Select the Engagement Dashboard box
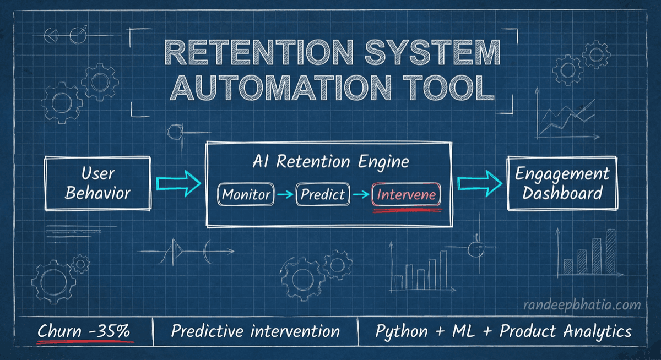[x=562, y=184]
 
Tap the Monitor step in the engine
[x=246, y=194]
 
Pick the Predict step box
[x=323, y=194]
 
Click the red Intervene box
[x=407, y=195]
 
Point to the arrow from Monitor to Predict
[x=285, y=194]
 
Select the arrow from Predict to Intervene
[x=361, y=194]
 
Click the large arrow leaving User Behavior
[x=178, y=183]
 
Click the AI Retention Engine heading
[x=330, y=162]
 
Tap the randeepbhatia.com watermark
[x=582, y=304]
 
